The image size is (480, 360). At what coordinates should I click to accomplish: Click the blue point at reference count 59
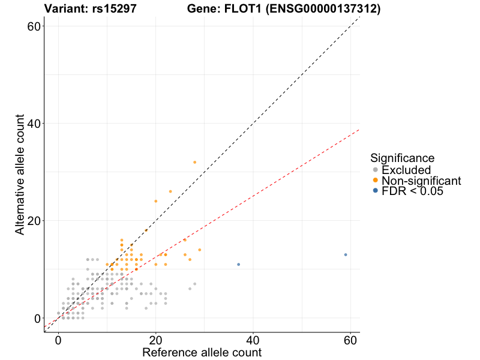tap(346, 254)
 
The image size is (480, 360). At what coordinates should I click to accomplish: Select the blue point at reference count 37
tap(238, 264)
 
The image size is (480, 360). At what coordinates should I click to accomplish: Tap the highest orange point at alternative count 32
tap(194, 162)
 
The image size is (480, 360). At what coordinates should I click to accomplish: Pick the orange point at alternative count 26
tap(170, 191)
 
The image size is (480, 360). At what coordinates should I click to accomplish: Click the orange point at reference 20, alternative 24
tap(156, 201)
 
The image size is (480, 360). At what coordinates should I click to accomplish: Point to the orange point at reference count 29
tap(200, 250)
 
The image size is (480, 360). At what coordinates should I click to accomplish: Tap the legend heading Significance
tap(403, 158)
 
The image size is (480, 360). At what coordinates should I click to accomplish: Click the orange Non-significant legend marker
tap(376, 181)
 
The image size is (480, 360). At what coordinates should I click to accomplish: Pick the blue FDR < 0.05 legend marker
tap(376, 191)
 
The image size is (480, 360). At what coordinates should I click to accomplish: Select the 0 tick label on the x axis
tap(58, 340)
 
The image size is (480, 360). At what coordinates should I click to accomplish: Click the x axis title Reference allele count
tap(202, 352)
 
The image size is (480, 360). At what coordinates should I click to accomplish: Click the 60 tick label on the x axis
tap(350, 340)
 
